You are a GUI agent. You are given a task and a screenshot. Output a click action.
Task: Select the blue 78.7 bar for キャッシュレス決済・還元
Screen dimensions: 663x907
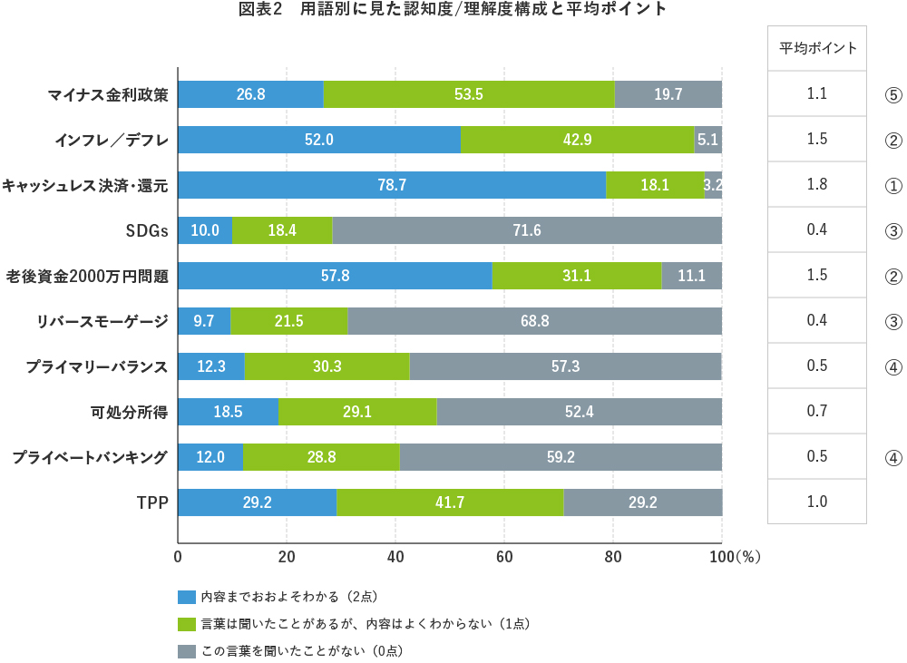click(x=392, y=185)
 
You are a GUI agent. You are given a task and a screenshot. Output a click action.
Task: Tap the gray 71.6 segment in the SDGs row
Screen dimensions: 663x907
click(x=527, y=230)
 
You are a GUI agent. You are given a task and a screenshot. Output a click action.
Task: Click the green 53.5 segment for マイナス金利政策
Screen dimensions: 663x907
click(x=469, y=94)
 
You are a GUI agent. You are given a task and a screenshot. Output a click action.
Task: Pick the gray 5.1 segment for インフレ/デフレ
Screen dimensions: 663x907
click(x=707, y=140)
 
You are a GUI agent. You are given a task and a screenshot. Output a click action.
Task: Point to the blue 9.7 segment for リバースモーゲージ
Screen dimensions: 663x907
click(x=204, y=321)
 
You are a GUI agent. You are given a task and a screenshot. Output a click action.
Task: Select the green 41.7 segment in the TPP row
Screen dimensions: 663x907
click(x=450, y=502)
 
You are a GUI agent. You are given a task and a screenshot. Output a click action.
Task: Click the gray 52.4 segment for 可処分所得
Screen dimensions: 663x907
click(x=579, y=412)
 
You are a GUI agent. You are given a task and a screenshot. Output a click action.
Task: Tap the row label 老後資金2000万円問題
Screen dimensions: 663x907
click(x=87, y=276)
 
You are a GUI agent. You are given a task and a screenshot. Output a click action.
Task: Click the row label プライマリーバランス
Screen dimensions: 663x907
click(x=96, y=366)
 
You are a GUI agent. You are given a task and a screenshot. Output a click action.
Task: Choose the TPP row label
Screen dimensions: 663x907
click(x=152, y=502)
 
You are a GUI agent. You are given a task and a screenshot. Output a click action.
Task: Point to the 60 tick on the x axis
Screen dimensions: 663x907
click(x=504, y=557)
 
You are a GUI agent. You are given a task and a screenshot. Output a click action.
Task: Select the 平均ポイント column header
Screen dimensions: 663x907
click(x=817, y=49)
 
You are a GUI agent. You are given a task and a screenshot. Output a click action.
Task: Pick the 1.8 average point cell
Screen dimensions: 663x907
click(x=817, y=185)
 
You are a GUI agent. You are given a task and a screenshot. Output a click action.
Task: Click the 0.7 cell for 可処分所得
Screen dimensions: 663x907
click(x=817, y=412)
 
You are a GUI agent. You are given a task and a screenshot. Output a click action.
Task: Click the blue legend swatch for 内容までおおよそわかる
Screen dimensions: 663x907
click(x=187, y=597)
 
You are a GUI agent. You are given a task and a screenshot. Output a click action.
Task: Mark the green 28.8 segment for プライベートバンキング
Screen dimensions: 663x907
click(x=321, y=457)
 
